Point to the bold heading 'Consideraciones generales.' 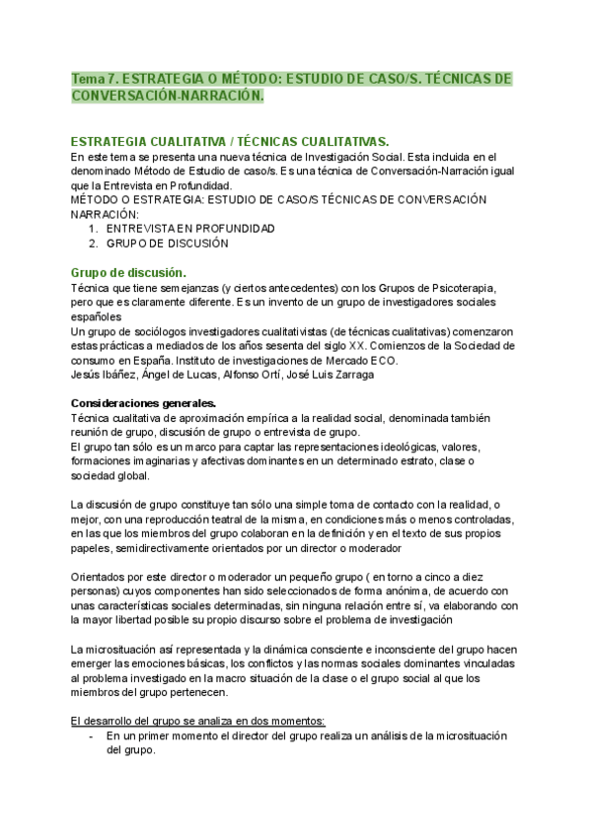coord(144,401)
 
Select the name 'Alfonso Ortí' coord(246,374)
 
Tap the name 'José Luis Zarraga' coord(331,374)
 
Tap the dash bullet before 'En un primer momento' coord(91,735)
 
